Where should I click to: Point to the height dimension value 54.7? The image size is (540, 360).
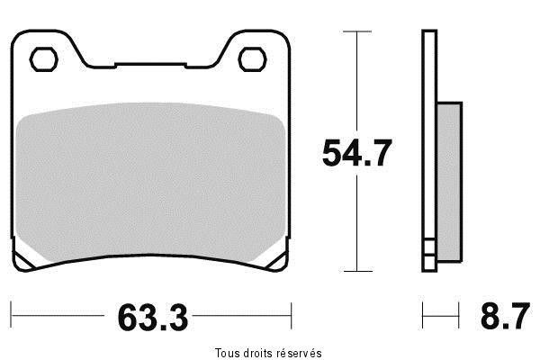357,155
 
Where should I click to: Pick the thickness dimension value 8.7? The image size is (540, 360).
500,317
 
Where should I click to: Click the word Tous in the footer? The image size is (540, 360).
228,352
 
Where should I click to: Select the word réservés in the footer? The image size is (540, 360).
300,352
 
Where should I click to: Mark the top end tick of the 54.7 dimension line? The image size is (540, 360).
357,31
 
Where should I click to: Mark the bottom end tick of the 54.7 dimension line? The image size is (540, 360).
357,271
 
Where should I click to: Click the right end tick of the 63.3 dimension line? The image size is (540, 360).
292,316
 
